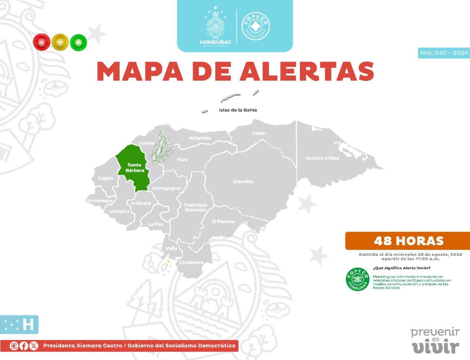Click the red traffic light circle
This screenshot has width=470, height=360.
[x=41, y=42]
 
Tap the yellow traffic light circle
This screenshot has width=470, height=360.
[x=60, y=42]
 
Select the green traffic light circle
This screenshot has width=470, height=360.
[x=78, y=42]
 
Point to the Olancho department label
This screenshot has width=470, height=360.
[x=243, y=182]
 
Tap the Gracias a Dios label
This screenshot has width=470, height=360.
[x=322, y=158]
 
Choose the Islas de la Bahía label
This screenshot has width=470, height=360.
[x=238, y=110]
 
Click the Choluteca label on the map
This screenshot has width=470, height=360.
[x=191, y=262]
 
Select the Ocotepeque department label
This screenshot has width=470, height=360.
[x=100, y=200]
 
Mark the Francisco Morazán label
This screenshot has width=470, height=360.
[x=195, y=207]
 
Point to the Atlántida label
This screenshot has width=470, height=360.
[x=200, y=138]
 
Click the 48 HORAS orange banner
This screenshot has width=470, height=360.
[x=408, y=241]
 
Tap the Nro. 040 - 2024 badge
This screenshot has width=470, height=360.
[x=444, y=53]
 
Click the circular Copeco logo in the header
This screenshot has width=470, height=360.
[x=256, y=26]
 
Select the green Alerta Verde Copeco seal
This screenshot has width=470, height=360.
[x=357, y=279]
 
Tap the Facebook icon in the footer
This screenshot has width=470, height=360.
[x=24, y=346]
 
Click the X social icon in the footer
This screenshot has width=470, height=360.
[x=34, y=346]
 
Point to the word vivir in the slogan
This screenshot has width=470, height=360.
[x=436, y=347]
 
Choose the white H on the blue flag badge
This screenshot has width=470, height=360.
[x=28, y=325]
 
